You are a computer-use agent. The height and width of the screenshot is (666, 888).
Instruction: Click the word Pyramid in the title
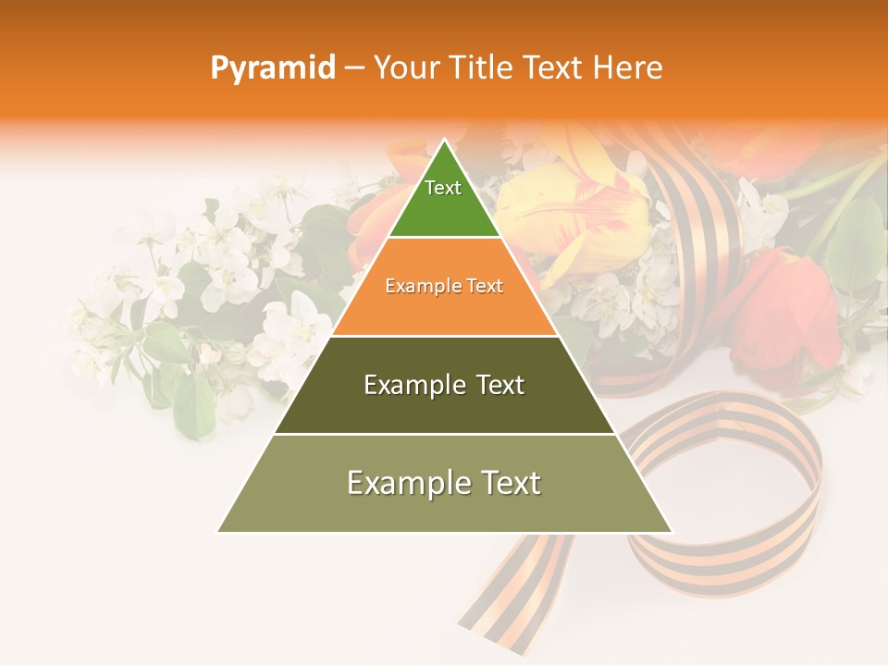click(272, 68)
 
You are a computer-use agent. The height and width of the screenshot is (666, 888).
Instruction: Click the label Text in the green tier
click(443, 188)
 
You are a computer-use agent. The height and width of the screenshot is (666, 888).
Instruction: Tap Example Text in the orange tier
click(444, 286)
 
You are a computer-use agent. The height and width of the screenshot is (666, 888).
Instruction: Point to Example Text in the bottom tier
click(444, 483)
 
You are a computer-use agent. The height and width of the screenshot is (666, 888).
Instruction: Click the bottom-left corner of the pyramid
click(219, 531)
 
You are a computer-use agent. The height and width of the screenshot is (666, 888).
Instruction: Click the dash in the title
click(354, 68)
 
